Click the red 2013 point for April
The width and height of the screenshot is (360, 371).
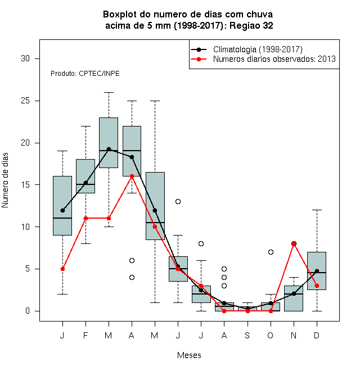pyautogui.click(x=132, y=177)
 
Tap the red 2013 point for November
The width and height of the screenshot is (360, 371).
pyautogui.click(x=294, y=244)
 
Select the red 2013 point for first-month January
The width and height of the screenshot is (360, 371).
pyautogui.click(x=62, y=269)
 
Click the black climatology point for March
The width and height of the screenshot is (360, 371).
pyautogui.click(x=109, y=149)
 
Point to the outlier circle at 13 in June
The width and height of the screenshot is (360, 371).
pyautogui.click(x=178, y=202)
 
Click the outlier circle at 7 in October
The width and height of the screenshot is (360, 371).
pyautogui.click(x=271, y=252)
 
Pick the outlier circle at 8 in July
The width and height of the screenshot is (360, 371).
pyautogui.click(x=201, y=244)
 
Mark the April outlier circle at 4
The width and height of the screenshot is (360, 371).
pyautogui.click(x=132, y=277)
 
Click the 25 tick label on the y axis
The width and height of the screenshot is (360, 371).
pyautogui.click(x=25, y=101)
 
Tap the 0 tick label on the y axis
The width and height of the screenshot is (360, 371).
pyautogui.click(x=28, y=311)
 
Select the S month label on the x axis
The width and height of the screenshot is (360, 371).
pyautogui.click(x=247, y=336)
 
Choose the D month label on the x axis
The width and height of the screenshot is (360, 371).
pyautogui.click(x=317, y=336)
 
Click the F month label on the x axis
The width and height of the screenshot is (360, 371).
pyautogui.click(x=85, y=336)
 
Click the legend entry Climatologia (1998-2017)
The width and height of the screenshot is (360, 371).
pyautogui.click(x=258, y=49)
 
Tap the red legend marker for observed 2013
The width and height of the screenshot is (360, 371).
pyautogui.click(x=199, y=59)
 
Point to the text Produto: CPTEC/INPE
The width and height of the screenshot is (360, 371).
pyautogui.click(x=85, y=74)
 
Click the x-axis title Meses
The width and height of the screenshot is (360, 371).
pyautogui.click(x=189, y=355)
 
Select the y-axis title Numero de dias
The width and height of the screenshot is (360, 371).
pyautogui.click(x=5, y=180)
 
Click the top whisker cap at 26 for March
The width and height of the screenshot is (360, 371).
pyautogui.click(x=109, y=93)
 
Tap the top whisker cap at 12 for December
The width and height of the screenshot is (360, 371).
pyautogui.click(x=317, y=210)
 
